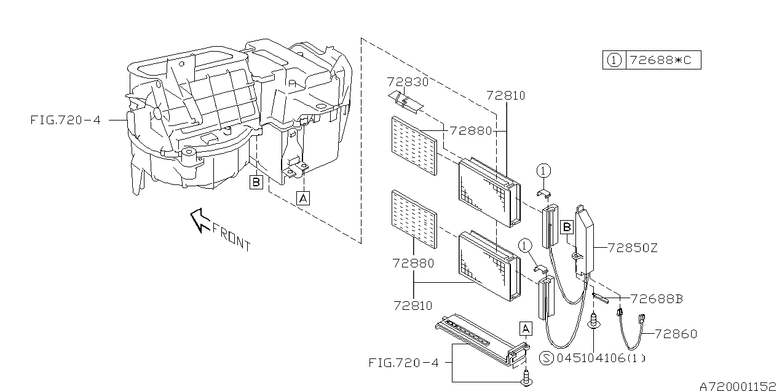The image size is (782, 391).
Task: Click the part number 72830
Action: (408, 82)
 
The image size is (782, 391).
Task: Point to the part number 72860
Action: (676, 334)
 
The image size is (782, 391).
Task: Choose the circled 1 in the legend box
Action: (614, 60)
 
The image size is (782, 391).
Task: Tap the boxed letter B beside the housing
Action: (256, 182)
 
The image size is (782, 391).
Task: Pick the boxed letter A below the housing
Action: (302, 198)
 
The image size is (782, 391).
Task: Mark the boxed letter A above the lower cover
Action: (526, 328)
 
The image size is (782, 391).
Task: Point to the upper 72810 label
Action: (505, 96)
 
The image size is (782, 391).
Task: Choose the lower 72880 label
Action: (413, 263)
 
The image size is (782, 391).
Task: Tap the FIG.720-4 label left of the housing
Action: (65, 120)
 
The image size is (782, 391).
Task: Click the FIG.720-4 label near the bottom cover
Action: (404, 363)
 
